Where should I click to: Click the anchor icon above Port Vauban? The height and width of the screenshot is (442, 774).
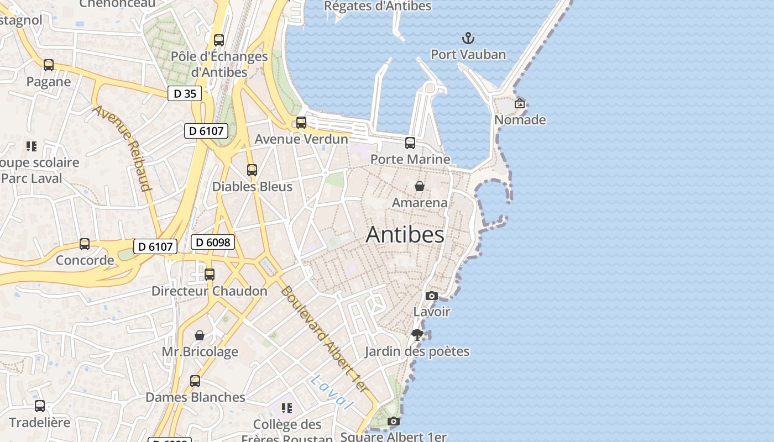coord(468,38)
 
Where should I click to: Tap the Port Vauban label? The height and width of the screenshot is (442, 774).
coord(468,55)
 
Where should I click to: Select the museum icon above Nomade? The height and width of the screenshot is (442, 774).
coord(520,103)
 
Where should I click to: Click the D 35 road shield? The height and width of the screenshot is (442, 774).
coord(185,93)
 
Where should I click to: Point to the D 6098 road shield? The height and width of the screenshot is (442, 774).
coord(213,242)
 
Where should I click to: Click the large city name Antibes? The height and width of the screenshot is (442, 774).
coord(405,234)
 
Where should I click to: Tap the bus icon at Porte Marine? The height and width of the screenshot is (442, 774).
coord(410,143)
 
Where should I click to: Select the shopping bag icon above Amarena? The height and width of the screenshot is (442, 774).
coord(420,186)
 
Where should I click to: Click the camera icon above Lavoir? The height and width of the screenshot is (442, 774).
coord(432,296)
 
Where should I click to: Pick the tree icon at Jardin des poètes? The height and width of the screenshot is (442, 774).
coord(417,335)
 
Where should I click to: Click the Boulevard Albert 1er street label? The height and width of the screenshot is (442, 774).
coord(323,339)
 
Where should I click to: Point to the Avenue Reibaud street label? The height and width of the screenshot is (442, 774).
coord(122,148)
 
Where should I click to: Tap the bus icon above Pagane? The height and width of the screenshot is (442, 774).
coord(49,65)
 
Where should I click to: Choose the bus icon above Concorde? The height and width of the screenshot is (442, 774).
coord(85,244)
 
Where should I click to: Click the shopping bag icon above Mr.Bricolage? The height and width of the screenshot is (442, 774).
coord(200,335)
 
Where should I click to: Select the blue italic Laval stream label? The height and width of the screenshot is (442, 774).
coord(331,393)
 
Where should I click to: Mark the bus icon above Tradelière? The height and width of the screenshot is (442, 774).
coord(40,406)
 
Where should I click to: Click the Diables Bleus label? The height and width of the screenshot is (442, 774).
coord(252,187)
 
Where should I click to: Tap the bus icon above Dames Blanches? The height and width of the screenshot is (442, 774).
coord(195,381)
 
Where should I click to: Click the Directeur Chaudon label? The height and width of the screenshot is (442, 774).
coord(209,291)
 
